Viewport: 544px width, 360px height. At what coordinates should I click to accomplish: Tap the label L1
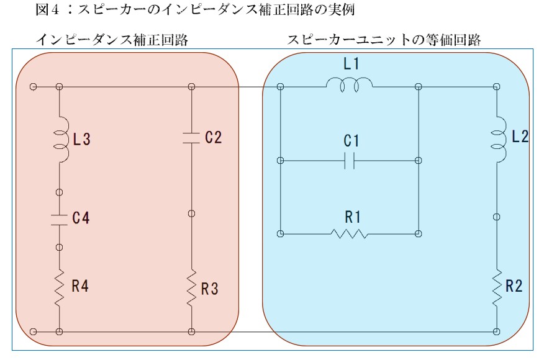pos(351,64)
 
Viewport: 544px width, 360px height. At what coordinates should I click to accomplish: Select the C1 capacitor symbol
pos(350,161)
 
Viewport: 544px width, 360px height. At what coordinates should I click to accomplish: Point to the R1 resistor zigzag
pos(349,234)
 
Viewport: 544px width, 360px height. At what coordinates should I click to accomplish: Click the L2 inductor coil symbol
pos(498,139)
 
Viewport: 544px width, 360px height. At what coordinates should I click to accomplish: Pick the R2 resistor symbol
pos(497,288)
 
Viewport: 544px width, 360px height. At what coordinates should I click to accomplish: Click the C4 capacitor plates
pos(60,220)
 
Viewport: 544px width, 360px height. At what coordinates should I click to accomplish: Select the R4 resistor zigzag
pos(60,288)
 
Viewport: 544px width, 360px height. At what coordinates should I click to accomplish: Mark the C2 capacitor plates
pos(191,138)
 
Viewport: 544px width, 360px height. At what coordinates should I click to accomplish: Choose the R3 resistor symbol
pos(191,288)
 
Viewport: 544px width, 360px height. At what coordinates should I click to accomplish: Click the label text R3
pos(209,289)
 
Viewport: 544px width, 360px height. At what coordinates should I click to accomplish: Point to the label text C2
pos(214,137)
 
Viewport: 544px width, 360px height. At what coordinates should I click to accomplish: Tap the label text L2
pos(520,137)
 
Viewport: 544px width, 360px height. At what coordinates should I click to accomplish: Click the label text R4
pos(80,286)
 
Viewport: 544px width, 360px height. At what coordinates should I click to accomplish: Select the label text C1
pos(351,141)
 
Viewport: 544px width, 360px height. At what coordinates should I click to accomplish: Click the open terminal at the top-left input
pos(34,86)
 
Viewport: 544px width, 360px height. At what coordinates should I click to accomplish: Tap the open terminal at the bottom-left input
pos(34,331)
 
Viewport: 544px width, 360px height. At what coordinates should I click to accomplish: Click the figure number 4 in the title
pos(55,10)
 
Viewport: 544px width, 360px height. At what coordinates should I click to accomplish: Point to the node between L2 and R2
pos(497,217)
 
